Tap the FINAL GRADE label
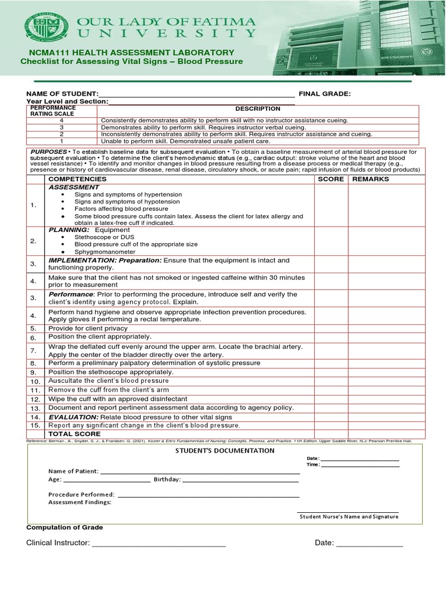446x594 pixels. [x=325, y=94]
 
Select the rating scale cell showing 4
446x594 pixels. [x=62, y=120]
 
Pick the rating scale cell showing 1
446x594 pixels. [x=62, y=141]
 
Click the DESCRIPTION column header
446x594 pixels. [x=257, y=109]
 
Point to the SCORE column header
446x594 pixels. [x=331, y=179]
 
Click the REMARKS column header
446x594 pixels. [x=370, y=179]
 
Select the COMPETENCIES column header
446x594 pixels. [x=78, y=179]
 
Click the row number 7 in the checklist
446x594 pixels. [x=34, y=350]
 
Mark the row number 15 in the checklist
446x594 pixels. [x=35, y=426]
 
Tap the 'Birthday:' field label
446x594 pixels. [x=167, y=480]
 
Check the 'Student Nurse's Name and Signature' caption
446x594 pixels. [x=348, y=516]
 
